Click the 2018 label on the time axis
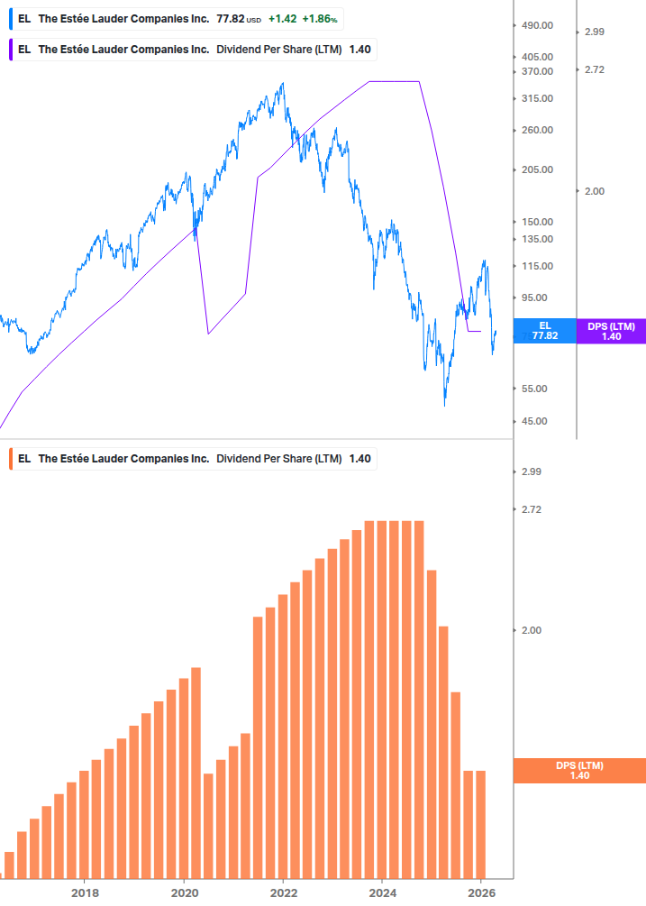(85, 892)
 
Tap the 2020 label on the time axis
(184, 892)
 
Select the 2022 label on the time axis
(283, 892)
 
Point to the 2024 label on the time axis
(382, 892)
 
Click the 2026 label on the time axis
(482, 892)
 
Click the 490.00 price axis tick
(537, 26)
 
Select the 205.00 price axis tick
(537, 169)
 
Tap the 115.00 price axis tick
(537, 266)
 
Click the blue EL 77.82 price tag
(544, 331)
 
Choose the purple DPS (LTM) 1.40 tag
(611, 331)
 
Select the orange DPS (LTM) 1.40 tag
(579, 771)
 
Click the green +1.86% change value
(319, 19)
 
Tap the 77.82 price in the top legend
(230, 19)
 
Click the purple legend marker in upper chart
(9, 50)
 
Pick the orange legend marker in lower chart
(9, 459)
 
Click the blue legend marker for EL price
(9, 19)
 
